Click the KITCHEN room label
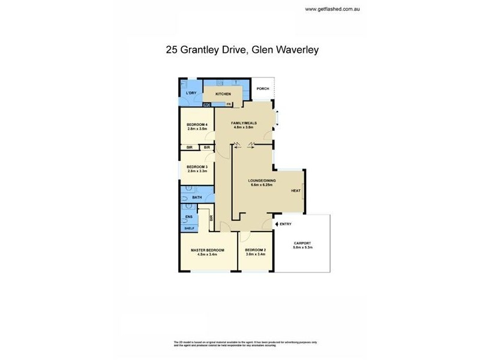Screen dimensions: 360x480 (223, 94)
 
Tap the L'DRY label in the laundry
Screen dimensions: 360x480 (191, 94)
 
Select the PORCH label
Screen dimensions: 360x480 (262, 89)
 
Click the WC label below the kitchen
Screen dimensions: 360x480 (207, 105)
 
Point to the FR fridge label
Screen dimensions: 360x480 (229, 105)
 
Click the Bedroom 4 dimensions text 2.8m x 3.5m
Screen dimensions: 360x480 (197, 128)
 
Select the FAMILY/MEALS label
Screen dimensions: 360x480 (244, 123)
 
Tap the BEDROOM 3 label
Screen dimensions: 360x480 (197, 167)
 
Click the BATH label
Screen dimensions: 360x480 (197, 197)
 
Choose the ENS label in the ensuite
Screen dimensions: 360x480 (188, 217)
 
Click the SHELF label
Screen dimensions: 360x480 (188, 228)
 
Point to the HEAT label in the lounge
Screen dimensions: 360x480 (295, 191)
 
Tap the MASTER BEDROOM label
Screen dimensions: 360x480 (207, 250)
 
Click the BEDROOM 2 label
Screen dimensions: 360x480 (256, 250)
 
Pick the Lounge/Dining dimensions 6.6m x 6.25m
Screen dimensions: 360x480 (262, 185)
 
